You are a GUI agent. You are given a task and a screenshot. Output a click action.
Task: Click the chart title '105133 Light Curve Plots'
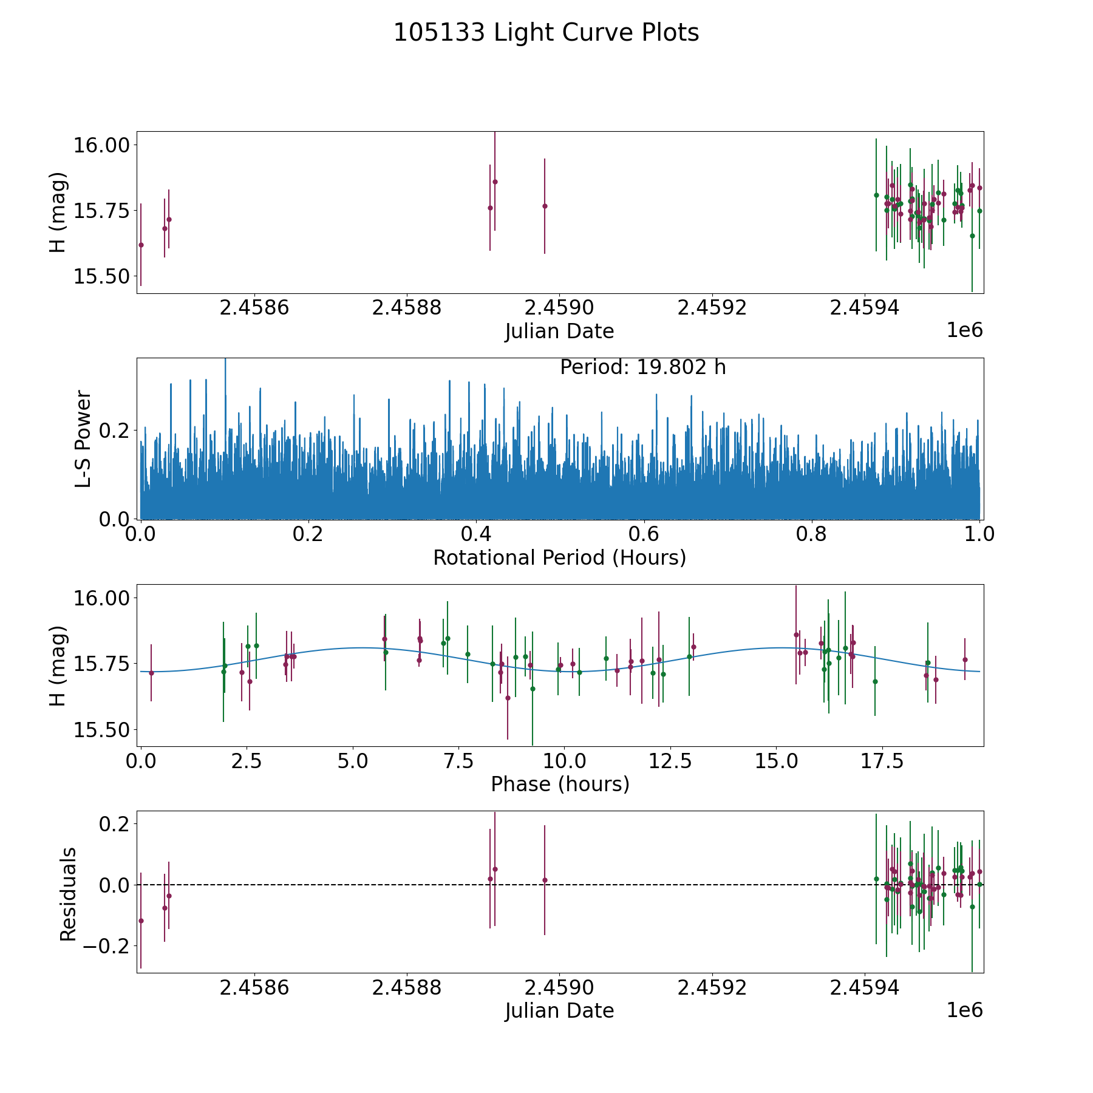546,33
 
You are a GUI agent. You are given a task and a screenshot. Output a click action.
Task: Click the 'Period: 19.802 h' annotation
642,367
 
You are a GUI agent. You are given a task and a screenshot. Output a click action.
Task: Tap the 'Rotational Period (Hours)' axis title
559,557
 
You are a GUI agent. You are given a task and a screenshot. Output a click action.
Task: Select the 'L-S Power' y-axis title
83,438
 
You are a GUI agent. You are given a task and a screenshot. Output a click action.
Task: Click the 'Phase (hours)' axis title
560,784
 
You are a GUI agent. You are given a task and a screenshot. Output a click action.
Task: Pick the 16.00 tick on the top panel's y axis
101,145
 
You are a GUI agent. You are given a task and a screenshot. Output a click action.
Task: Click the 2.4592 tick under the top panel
712,307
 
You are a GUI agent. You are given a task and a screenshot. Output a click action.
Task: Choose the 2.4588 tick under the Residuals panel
406,987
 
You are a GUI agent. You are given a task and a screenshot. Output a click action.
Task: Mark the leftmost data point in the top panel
141,245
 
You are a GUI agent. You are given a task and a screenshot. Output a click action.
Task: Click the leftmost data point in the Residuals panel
141,921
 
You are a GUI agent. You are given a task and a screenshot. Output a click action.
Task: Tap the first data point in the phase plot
151,673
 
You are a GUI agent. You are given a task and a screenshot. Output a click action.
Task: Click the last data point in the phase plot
965,659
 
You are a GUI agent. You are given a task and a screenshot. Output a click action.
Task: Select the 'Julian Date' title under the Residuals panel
559,1010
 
